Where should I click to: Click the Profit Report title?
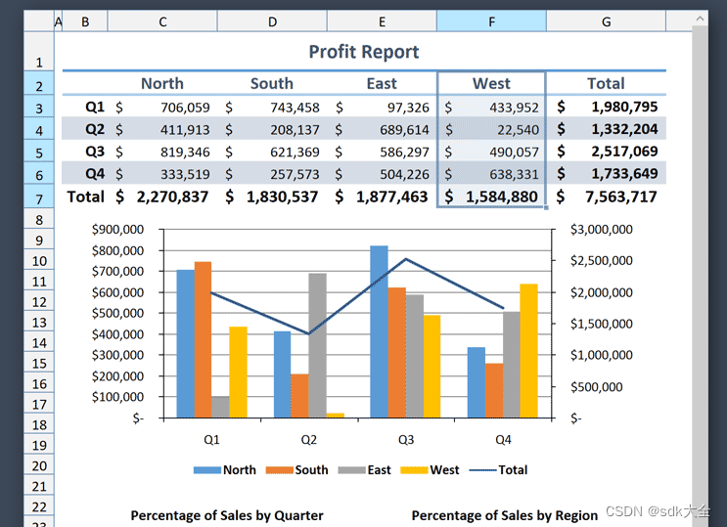[x=363, y=52]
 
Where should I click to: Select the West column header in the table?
[x=491, y=84]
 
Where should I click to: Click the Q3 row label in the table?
[x=95, y=152]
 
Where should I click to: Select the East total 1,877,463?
[x=391, y=197]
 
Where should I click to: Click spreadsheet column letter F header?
[x=491, y=21]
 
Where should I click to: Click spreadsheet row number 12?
[x=39, y=301]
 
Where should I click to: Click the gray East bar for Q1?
[x=219, y=407]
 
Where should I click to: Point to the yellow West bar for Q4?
[x=528, y=351]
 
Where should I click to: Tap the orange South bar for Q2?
[x=299, y=395]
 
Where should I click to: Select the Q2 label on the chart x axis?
[x=309, y=440]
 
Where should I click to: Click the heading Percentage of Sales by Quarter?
[x=227, y=515]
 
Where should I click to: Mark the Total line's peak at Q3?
[x=406, y=259]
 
